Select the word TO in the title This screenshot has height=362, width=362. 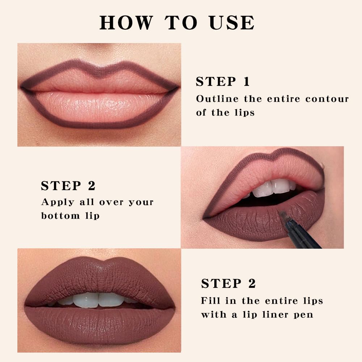tap(182, 22)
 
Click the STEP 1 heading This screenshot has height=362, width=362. tap(223, 81)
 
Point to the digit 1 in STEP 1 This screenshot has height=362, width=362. tap(247, 81)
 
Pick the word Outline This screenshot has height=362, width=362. tap(217, 98)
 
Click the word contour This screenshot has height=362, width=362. tap(327, 99)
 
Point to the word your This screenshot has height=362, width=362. tap(139, 202)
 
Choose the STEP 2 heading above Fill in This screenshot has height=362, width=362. tap(228, 283)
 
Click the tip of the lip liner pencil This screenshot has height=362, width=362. tap(282, 214)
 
